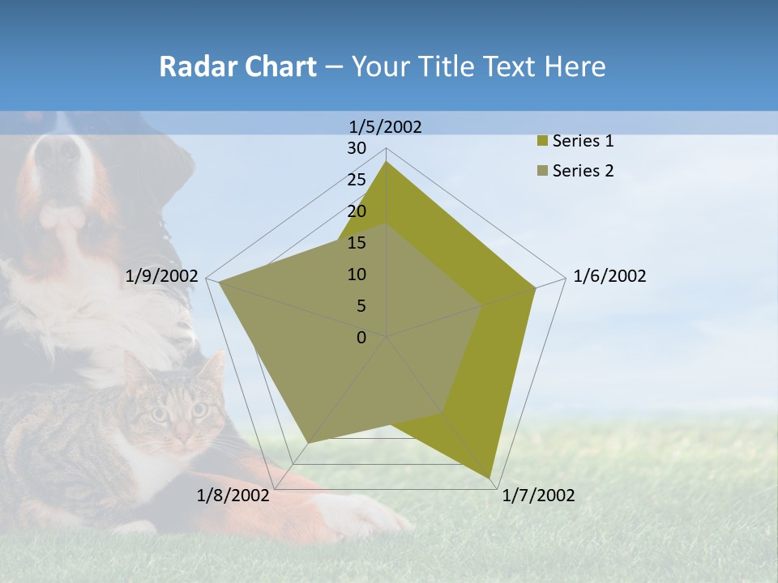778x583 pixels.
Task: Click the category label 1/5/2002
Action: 385,126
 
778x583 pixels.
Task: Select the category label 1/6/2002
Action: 609,276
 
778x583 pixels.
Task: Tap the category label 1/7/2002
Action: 538,496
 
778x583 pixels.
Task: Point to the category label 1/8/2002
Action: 233,496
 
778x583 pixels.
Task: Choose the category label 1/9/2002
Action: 161,276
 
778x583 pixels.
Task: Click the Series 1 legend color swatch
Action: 541,142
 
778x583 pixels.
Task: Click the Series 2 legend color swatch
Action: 541,171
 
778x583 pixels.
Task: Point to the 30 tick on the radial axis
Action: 357,148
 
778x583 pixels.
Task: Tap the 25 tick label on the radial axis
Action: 357,180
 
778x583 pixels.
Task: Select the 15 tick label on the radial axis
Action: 357,243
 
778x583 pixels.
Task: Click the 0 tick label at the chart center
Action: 361,338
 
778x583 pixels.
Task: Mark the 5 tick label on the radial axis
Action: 361,306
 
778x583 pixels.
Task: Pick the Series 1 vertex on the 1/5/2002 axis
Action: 387,161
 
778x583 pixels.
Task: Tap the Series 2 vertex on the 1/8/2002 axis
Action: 308,443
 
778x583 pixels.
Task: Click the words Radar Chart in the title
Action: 237,66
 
